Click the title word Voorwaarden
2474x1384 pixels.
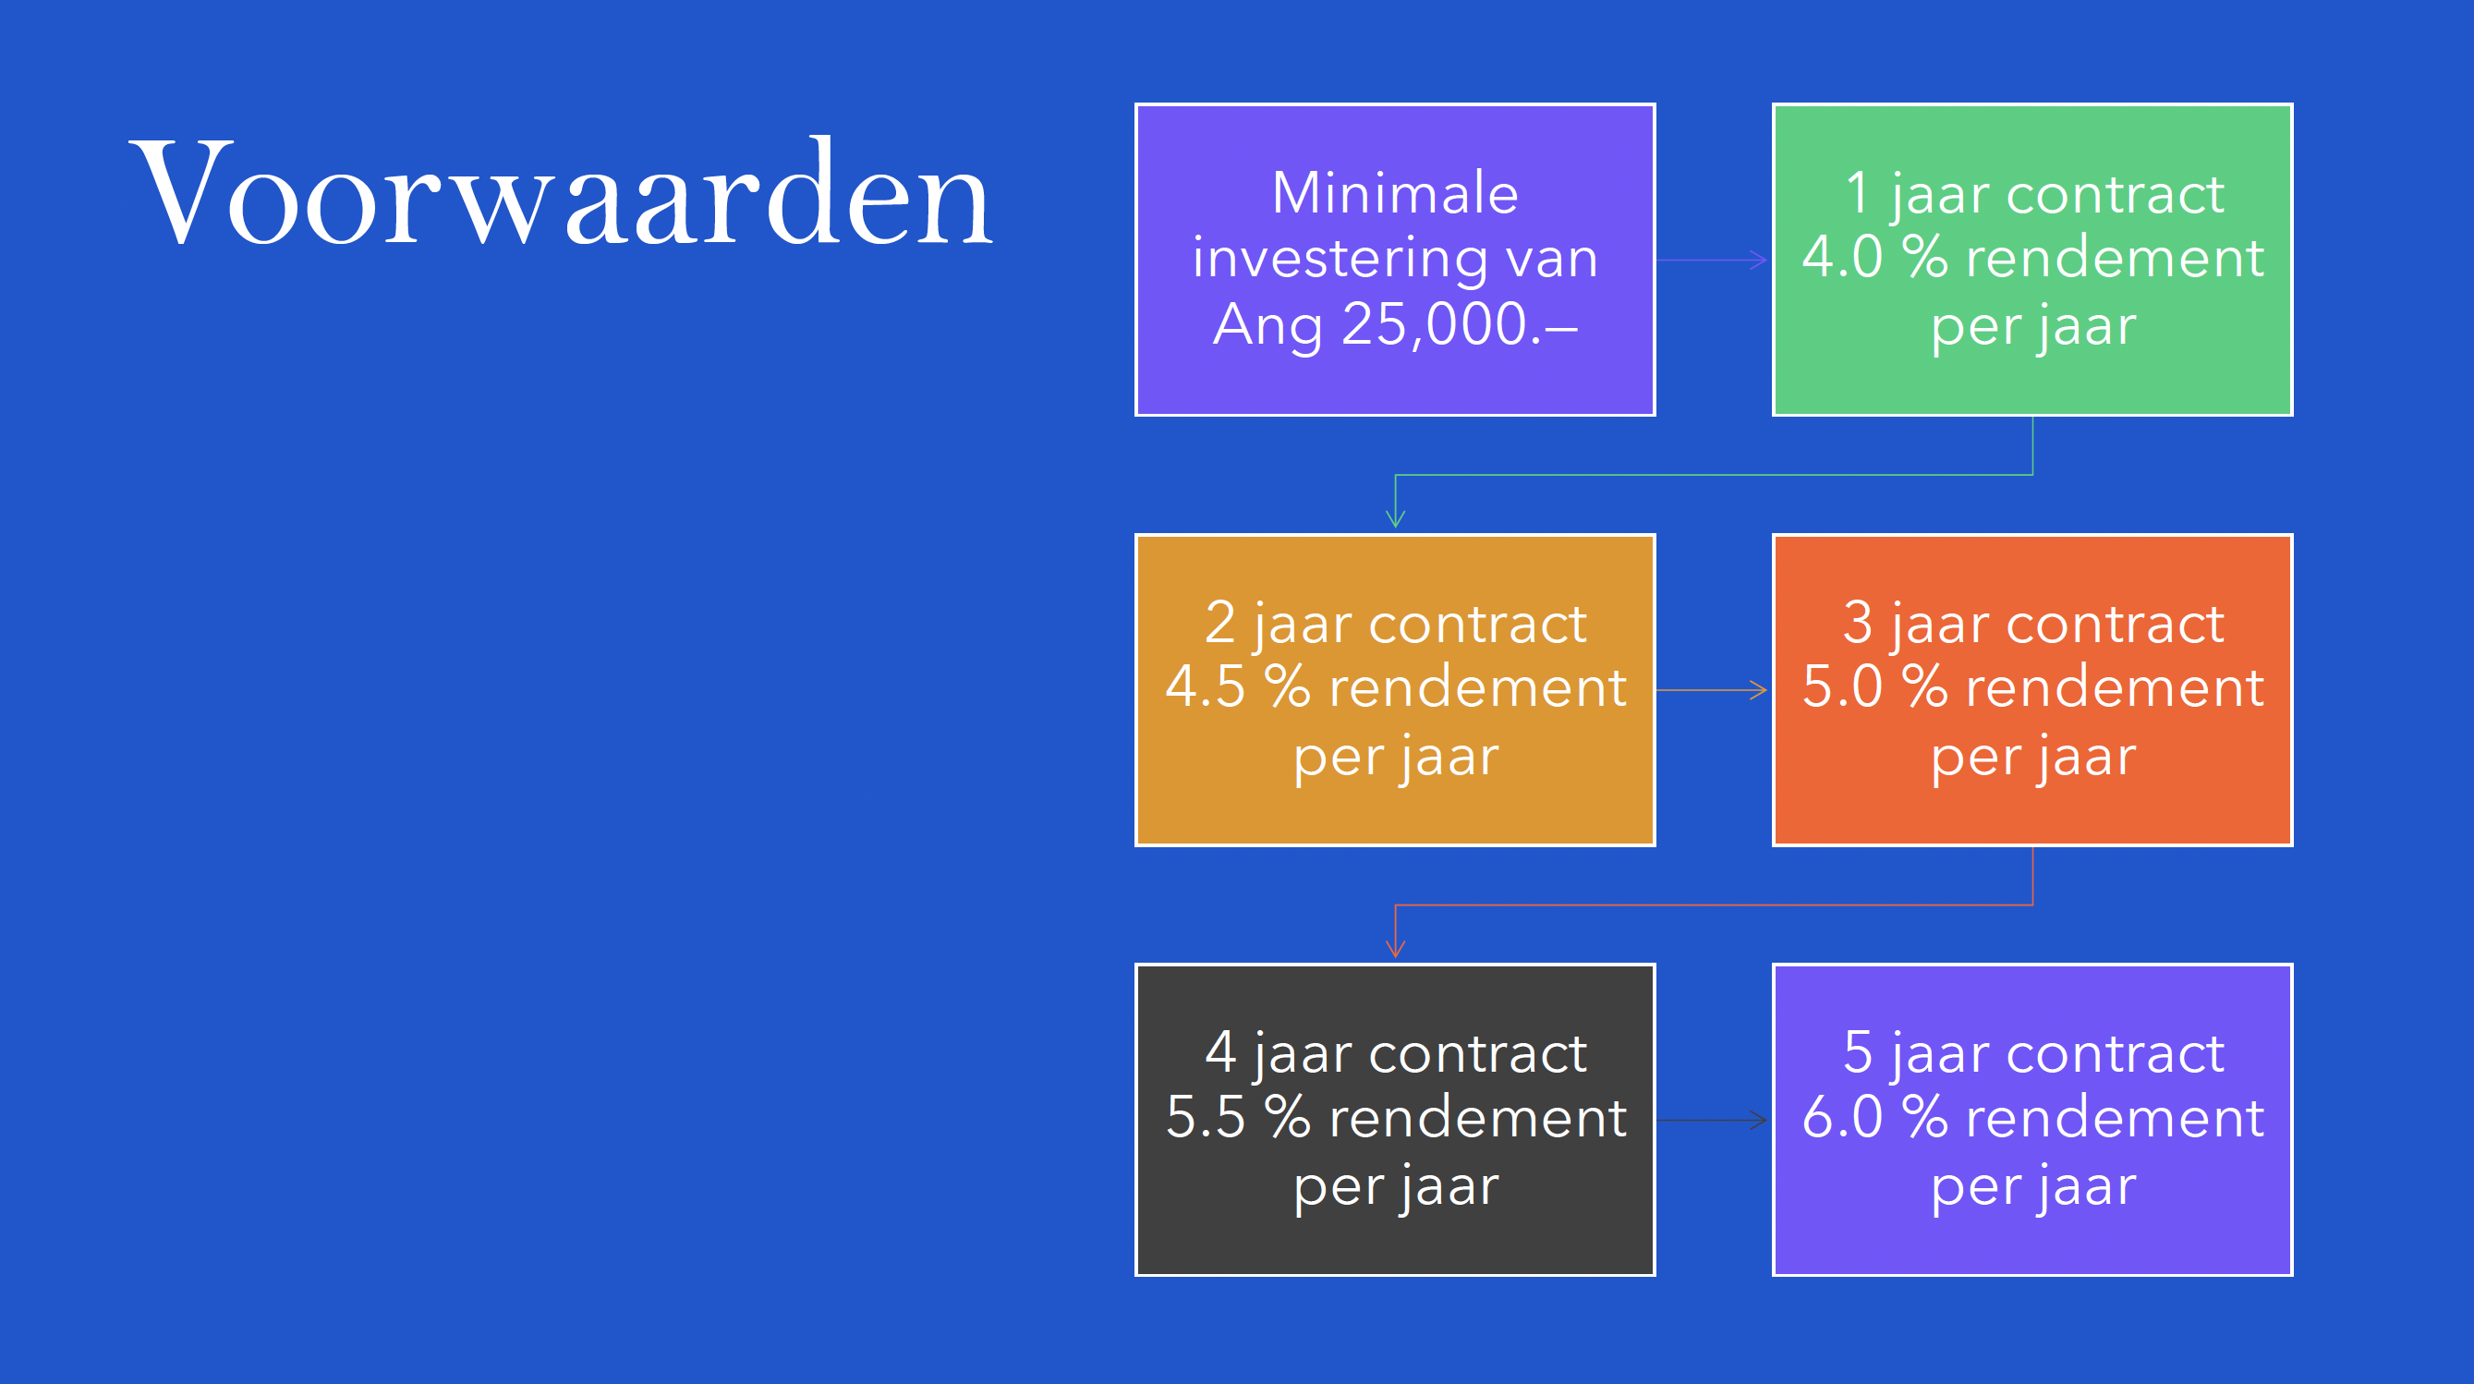click(561, 194)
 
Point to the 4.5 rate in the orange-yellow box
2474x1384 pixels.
click(1206, 687)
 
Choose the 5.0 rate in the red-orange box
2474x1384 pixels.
click(1842, 687)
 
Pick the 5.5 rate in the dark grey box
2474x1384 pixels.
click(1206, 1118)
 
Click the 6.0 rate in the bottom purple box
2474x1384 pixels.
click(1842, 1118)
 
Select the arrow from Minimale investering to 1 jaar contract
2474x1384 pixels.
click(1713, 261)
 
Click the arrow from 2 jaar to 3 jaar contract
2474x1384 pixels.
click(1713, 690)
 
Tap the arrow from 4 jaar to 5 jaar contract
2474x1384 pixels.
click(1713, 1120)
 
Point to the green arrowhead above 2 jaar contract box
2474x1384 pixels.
click(1396, 517)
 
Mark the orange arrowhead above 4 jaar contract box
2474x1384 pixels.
click(1396, 948)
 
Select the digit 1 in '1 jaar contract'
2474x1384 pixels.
click(1858, 193)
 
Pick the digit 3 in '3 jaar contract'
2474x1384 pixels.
click(1858, 624)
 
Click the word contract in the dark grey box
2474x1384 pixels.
click(1477, 1053)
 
